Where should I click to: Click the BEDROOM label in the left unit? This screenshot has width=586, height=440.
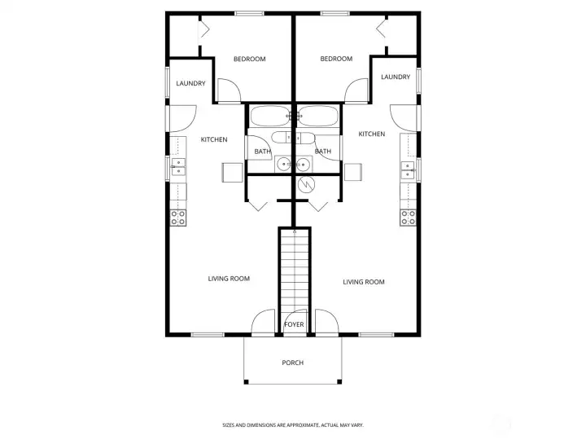tap(249, 59)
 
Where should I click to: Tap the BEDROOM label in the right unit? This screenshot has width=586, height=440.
tap(336, 59)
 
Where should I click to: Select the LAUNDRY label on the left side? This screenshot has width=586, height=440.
tap(190, 83)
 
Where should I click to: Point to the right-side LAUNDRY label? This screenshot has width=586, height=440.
tap(395, 77)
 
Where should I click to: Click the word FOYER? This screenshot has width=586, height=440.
tap(294, 324)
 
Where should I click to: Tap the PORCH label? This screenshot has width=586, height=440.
tap(292, 363)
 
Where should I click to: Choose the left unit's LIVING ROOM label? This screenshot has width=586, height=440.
tap(229, 279)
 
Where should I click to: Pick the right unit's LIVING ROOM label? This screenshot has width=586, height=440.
tap(363, 282)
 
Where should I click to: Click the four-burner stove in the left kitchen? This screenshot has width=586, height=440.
tap(177, 217)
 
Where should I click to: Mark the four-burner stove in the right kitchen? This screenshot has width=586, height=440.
tap(408, 217)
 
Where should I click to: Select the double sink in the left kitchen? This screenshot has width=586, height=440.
tap(177, 169)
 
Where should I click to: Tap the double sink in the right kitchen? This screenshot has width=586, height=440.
tap(408, 169)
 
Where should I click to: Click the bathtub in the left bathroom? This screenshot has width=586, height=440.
tap(268, 117)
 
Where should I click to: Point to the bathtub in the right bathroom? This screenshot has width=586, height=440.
tap(317, 117)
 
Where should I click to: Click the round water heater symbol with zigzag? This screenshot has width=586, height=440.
tap(306, 185)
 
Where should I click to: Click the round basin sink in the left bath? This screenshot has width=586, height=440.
tap(283, 165)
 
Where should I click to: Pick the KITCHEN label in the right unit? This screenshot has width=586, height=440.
tap(371, 134)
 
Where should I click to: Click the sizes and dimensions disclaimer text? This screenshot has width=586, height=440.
tap(292, 425)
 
